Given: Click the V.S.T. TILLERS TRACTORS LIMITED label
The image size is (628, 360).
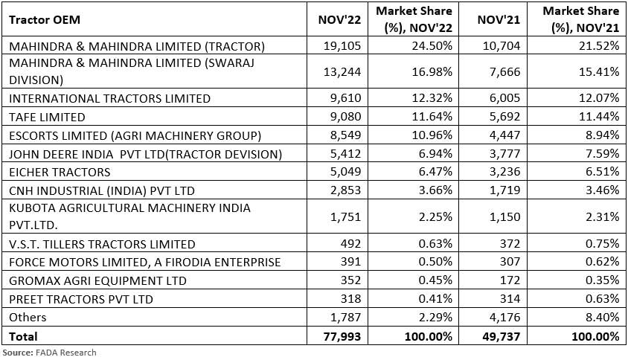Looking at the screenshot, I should pyautogui.click(x=102, y=244).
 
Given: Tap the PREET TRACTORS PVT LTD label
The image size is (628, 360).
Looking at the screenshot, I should pyautogui.click(x=80, y=299).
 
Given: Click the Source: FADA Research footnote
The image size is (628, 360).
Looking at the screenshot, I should pyautogui.click(x=49, y=353).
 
